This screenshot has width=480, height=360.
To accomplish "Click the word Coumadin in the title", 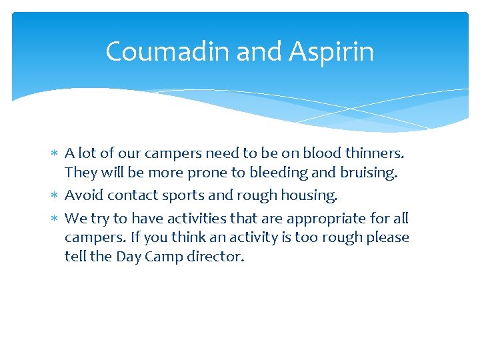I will [154, 51].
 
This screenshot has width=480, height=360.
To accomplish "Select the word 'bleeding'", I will [278, 173].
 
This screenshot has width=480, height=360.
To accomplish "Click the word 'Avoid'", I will [83, 195].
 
